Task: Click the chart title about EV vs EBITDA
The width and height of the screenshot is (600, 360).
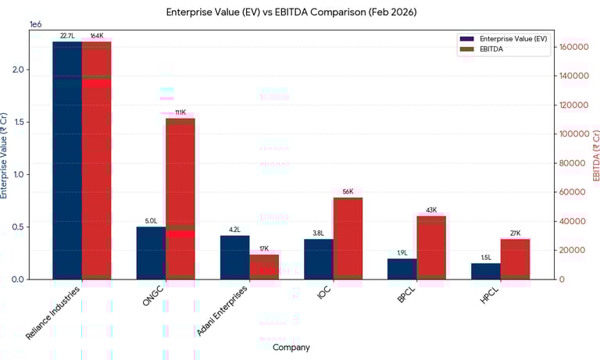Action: [291, 12]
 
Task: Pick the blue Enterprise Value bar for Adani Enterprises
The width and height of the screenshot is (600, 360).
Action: [234, 257]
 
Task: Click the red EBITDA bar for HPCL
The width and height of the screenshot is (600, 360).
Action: [515, 258]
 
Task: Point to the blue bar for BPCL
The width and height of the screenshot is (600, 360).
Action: [402, 269]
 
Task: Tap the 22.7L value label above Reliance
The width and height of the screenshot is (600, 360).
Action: [67, 36]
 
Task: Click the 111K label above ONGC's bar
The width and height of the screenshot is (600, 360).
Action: [180, 112]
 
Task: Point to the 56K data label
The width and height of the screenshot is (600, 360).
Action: [348, 192]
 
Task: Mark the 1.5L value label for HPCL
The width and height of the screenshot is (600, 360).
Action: [486, 258]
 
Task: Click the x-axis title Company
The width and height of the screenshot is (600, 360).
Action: [291, 348]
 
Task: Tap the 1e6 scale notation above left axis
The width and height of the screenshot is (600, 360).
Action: [36, 24]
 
